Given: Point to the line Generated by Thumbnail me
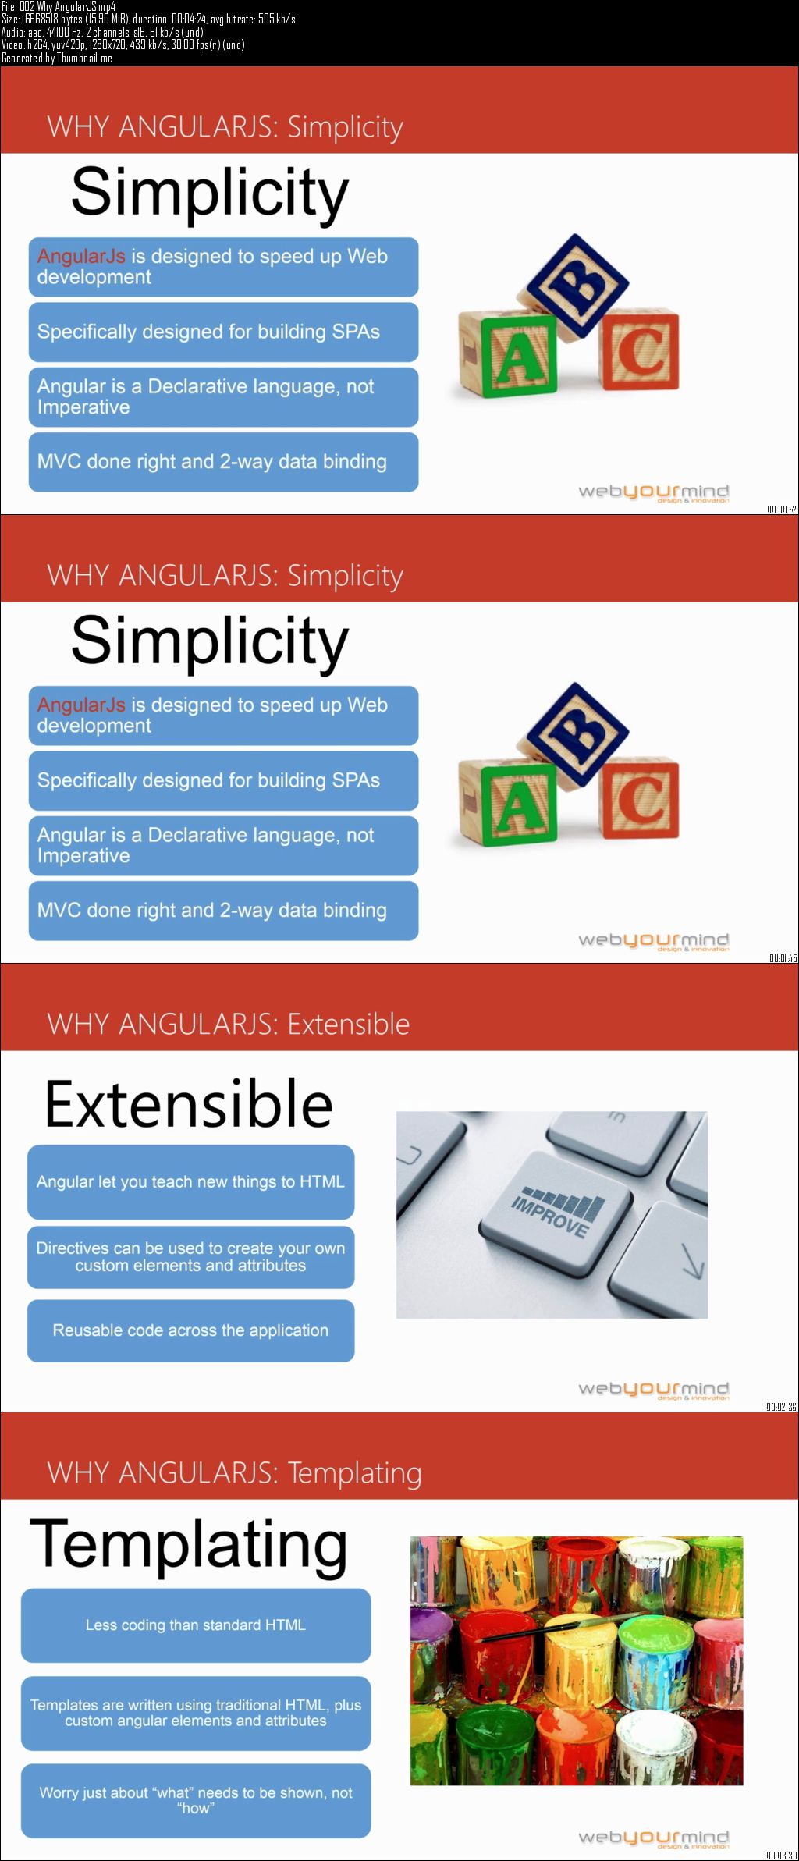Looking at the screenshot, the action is (x=57, y=58).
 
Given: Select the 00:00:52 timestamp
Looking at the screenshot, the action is (x=781, y=510).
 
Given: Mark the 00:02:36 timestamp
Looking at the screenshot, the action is (x=781, y=1407).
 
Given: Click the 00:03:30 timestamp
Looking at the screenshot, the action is (x=781, y=1856).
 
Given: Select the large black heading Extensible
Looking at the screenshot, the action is (x=189, y=1103).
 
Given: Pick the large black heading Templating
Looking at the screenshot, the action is (x=189, y=1546).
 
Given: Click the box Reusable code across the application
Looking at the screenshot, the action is (x=191, y=1330).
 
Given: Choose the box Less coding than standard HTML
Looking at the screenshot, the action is (x=196, y=1625).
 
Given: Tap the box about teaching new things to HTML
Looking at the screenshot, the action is (x=191, y=1182).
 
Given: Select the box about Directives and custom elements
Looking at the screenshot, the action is (x=191, y=1257).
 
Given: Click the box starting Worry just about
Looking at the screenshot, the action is (x=196, y=1800).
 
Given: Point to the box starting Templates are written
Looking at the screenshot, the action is (x=196, y=1713).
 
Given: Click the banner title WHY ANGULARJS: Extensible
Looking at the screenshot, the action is (x=229, y=1024).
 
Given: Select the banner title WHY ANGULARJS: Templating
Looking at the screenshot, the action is (x=234, y=1473).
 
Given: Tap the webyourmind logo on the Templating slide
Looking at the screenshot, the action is (x=654, y=1838).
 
